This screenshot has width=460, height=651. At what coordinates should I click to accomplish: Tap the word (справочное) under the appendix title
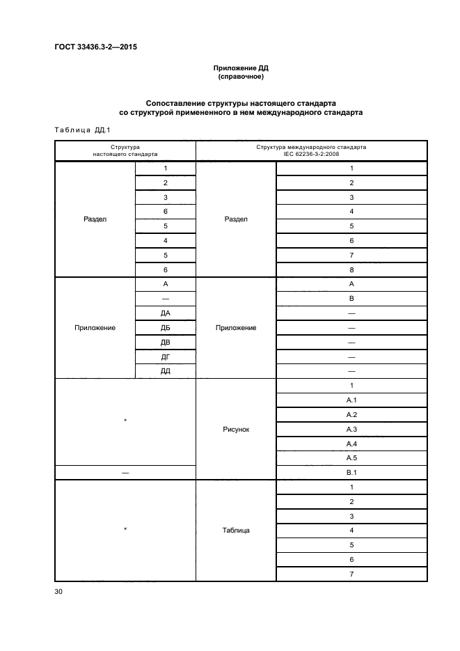pyautogui.click(x=240, y=77)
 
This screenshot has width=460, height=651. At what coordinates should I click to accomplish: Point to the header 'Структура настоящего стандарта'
pyautogui.click(x=125, y=151)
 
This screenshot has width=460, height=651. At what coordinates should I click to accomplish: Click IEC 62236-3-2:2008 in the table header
pyautogui.click(x=311, y=155)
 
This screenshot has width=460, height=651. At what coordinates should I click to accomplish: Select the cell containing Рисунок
pyautogui.click(x=236, y=430)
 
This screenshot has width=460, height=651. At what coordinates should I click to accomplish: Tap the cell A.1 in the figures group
pyautogui.click(x=351, y=400)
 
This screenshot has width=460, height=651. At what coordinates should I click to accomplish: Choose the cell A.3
pyautogui.click(x=351, y=429)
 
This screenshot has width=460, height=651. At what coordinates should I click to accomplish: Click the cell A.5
pyautogui.click(x=351, y=457)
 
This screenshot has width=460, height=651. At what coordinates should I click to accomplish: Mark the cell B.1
pyautogui.click(x=351, y=472)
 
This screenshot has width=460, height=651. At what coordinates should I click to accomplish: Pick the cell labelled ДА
pyautogui.click(x=166, y=313)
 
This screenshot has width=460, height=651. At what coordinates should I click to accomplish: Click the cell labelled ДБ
pyautogui.click(x=166, y=327)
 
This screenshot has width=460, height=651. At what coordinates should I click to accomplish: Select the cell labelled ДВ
pyautogui.click(x=166, y=342)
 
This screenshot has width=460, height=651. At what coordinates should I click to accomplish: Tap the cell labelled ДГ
pyautogui.click(x=166, y=356)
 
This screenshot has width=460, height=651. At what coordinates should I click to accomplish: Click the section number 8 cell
pyautogui.click(x=351, y=269)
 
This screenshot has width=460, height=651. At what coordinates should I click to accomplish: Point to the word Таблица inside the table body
pyautogui.click(x=236, y=530)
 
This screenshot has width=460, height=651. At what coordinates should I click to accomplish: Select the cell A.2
pyautogui.click(x=351, y=415)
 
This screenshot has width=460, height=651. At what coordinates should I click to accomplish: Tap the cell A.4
pyautogui.click(x=351, y=444)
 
